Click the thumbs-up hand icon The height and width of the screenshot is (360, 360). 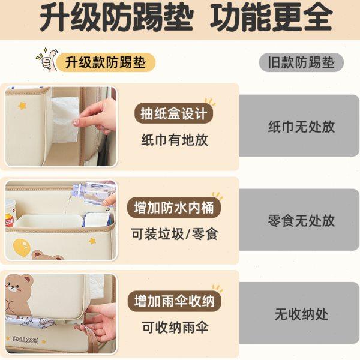(x=46, y=60)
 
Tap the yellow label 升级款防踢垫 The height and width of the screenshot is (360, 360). (x=106, y=62)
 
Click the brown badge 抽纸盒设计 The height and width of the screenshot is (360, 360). (x=174, y=113)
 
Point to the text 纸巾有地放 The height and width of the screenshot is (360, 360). (x=174, y=140)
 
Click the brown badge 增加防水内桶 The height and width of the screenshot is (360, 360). (x=174, y=208)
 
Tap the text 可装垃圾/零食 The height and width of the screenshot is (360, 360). (x=174, y=234)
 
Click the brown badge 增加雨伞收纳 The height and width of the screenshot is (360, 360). (x=174, y=301)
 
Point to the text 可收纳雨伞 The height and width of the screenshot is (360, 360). (x=174, y=328)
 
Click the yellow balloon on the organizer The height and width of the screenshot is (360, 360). (x=21, y=245)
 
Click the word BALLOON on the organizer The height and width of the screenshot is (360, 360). (x=25, y=340)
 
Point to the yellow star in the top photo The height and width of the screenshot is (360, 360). (x=22, y=106)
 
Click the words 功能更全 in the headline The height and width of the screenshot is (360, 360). (x=271, y=18)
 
